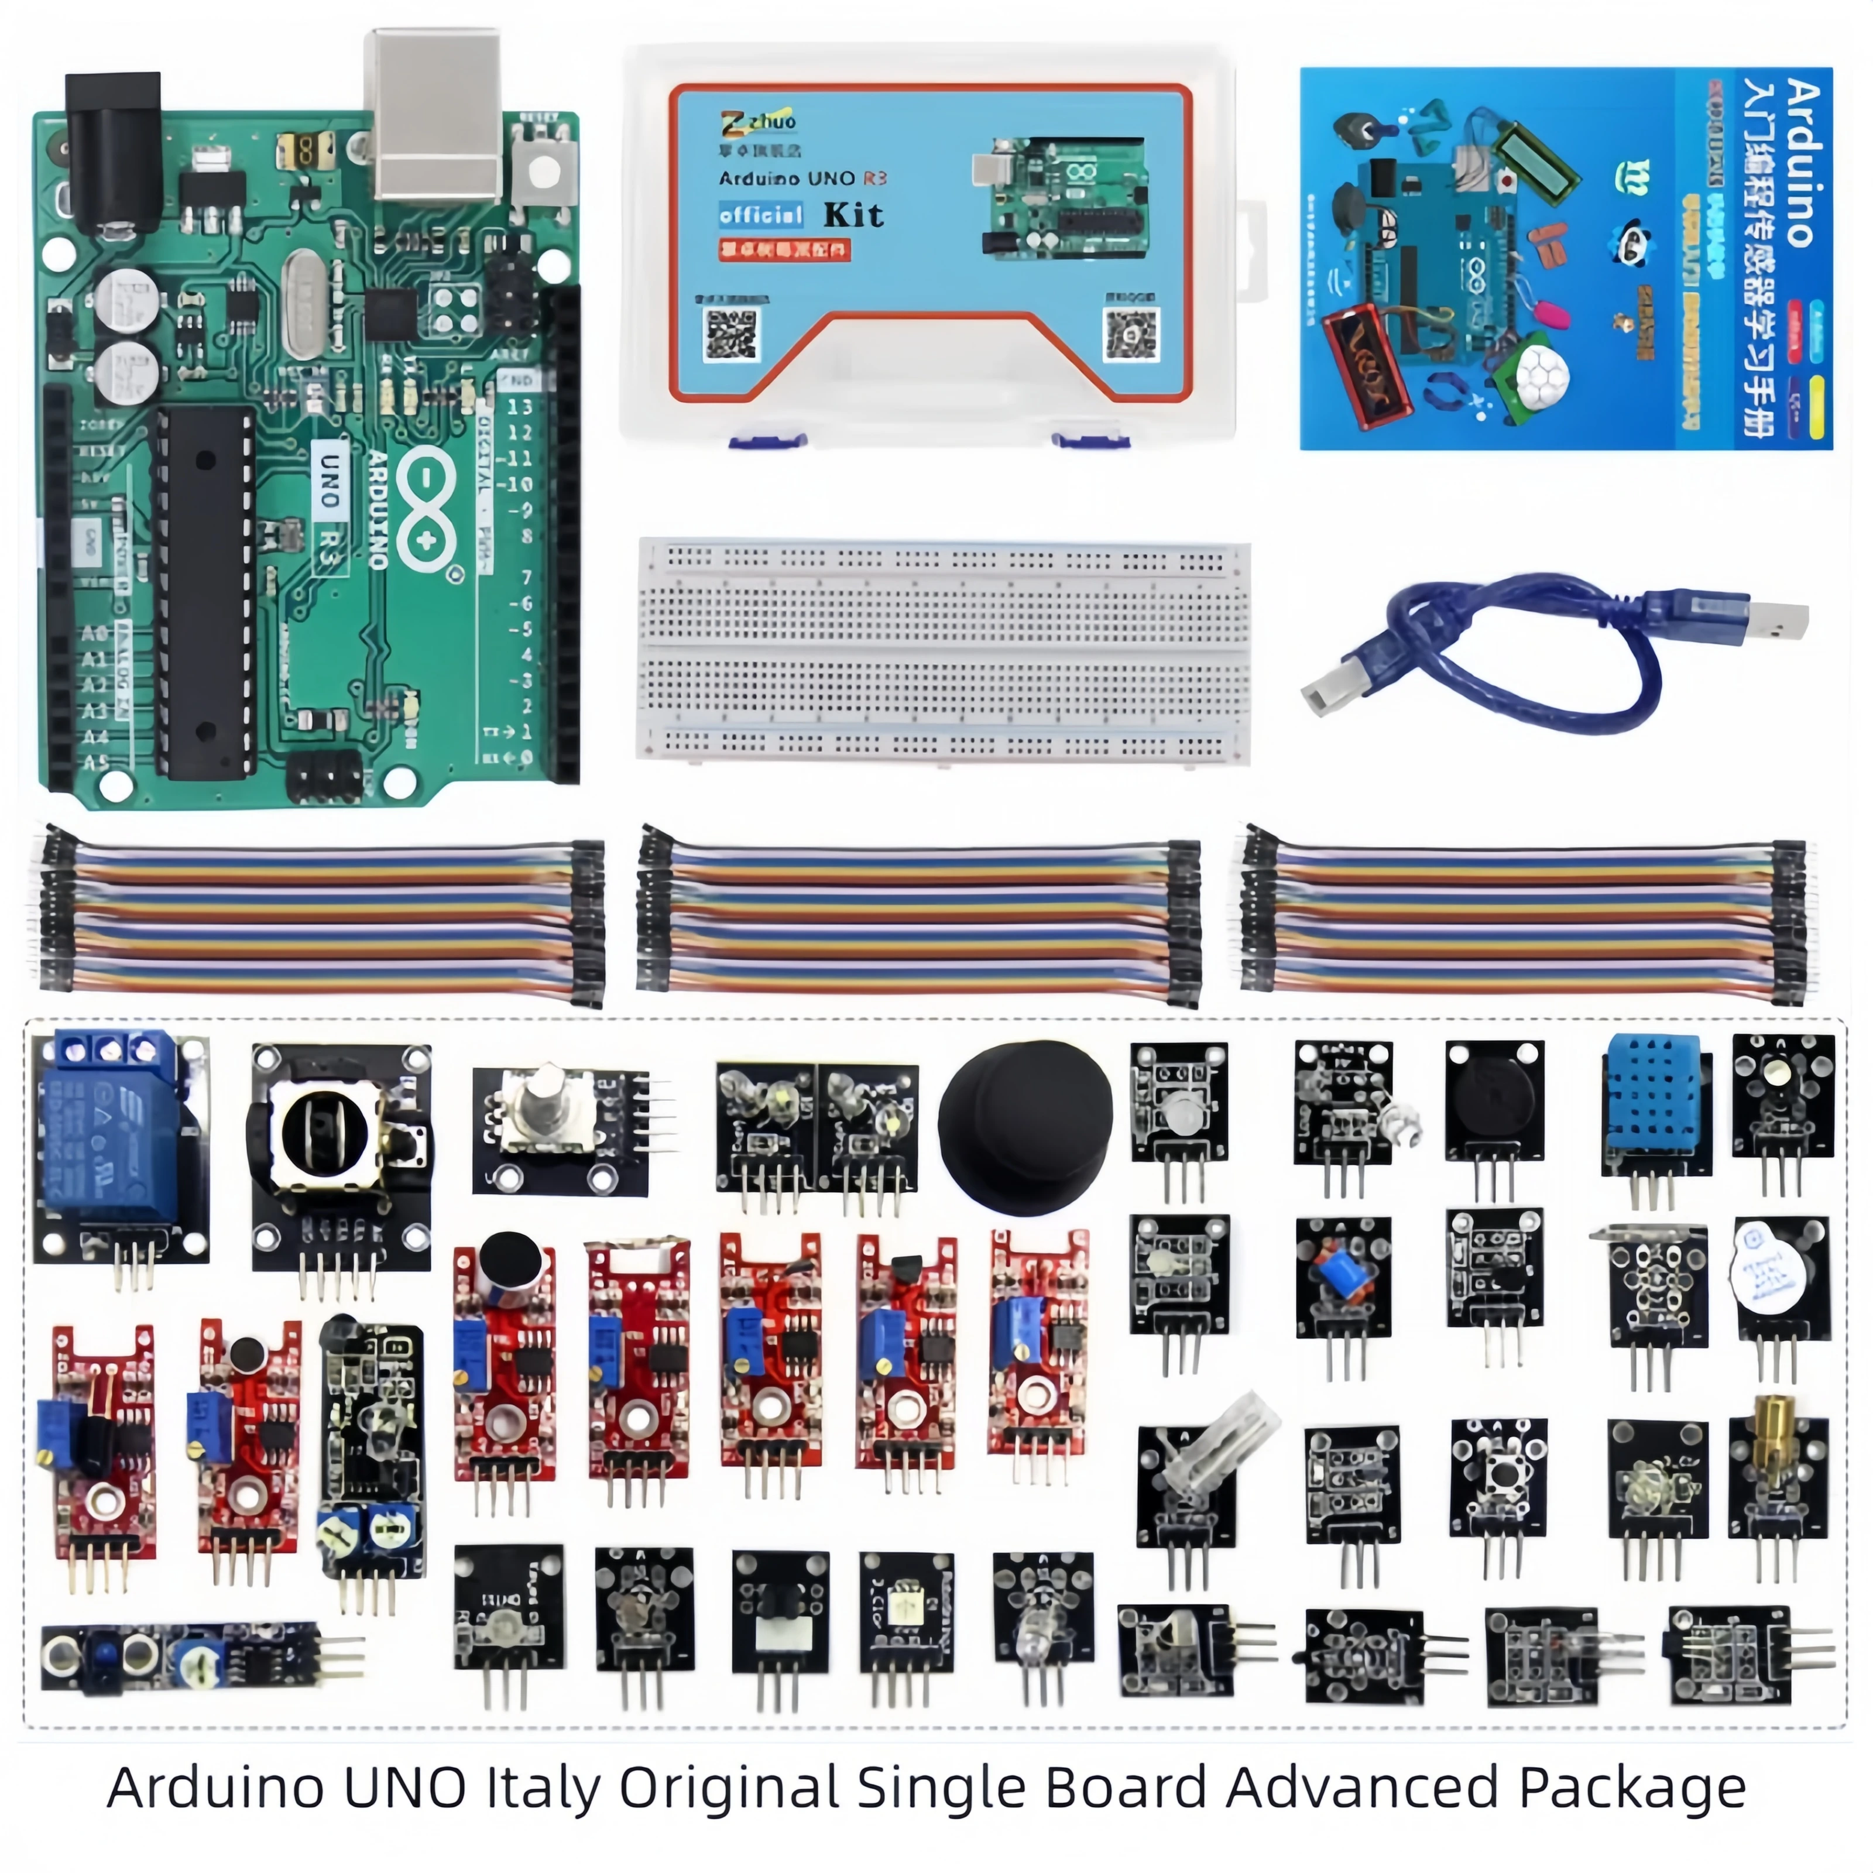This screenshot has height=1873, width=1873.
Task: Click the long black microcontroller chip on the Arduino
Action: [205, 591]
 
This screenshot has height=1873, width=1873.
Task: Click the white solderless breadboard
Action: [942, 650]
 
